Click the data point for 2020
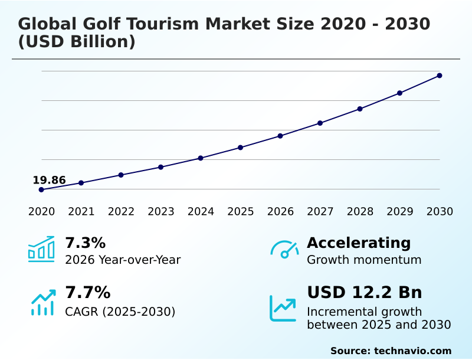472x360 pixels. pos(41,189)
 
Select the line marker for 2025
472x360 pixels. pos(241,148)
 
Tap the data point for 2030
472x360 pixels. pos(440,76)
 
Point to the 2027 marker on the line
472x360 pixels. pos(320,123)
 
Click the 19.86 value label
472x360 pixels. pos(49,180)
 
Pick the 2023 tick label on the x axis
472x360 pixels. pos(160,211)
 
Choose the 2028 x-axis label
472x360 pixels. pos(360,211)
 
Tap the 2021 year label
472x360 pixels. pos(81,211)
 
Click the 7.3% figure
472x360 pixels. pos(85,243)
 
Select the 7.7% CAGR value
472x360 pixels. pos(87,293)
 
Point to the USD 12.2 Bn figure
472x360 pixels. pos(365,293)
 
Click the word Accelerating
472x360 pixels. pos(359,243)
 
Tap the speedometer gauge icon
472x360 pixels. pos(284,249)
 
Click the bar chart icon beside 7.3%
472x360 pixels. pos(41,249)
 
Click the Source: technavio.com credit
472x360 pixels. pos(391,351)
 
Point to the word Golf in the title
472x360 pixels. pos(110,24)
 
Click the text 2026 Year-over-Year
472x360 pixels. pos(123,260)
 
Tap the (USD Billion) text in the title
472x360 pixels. pos(77,42)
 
